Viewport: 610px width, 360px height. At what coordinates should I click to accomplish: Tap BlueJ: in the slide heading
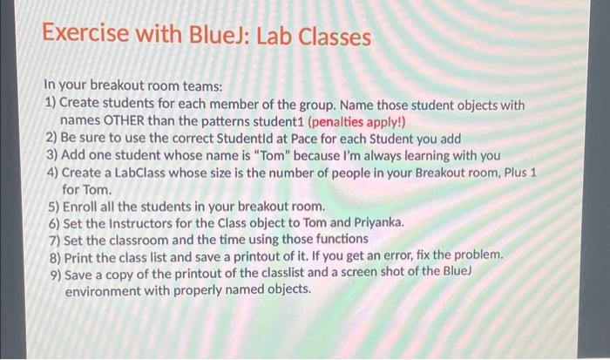(202, 37)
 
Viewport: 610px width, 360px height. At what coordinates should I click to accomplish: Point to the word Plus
(511, 172)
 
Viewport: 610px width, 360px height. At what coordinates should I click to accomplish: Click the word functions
(340, 239)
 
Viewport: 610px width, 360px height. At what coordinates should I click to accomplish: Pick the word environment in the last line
(105, 289)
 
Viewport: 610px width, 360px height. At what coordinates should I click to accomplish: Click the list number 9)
(52, 273)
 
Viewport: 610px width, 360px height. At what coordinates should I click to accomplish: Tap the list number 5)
(52, 207)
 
